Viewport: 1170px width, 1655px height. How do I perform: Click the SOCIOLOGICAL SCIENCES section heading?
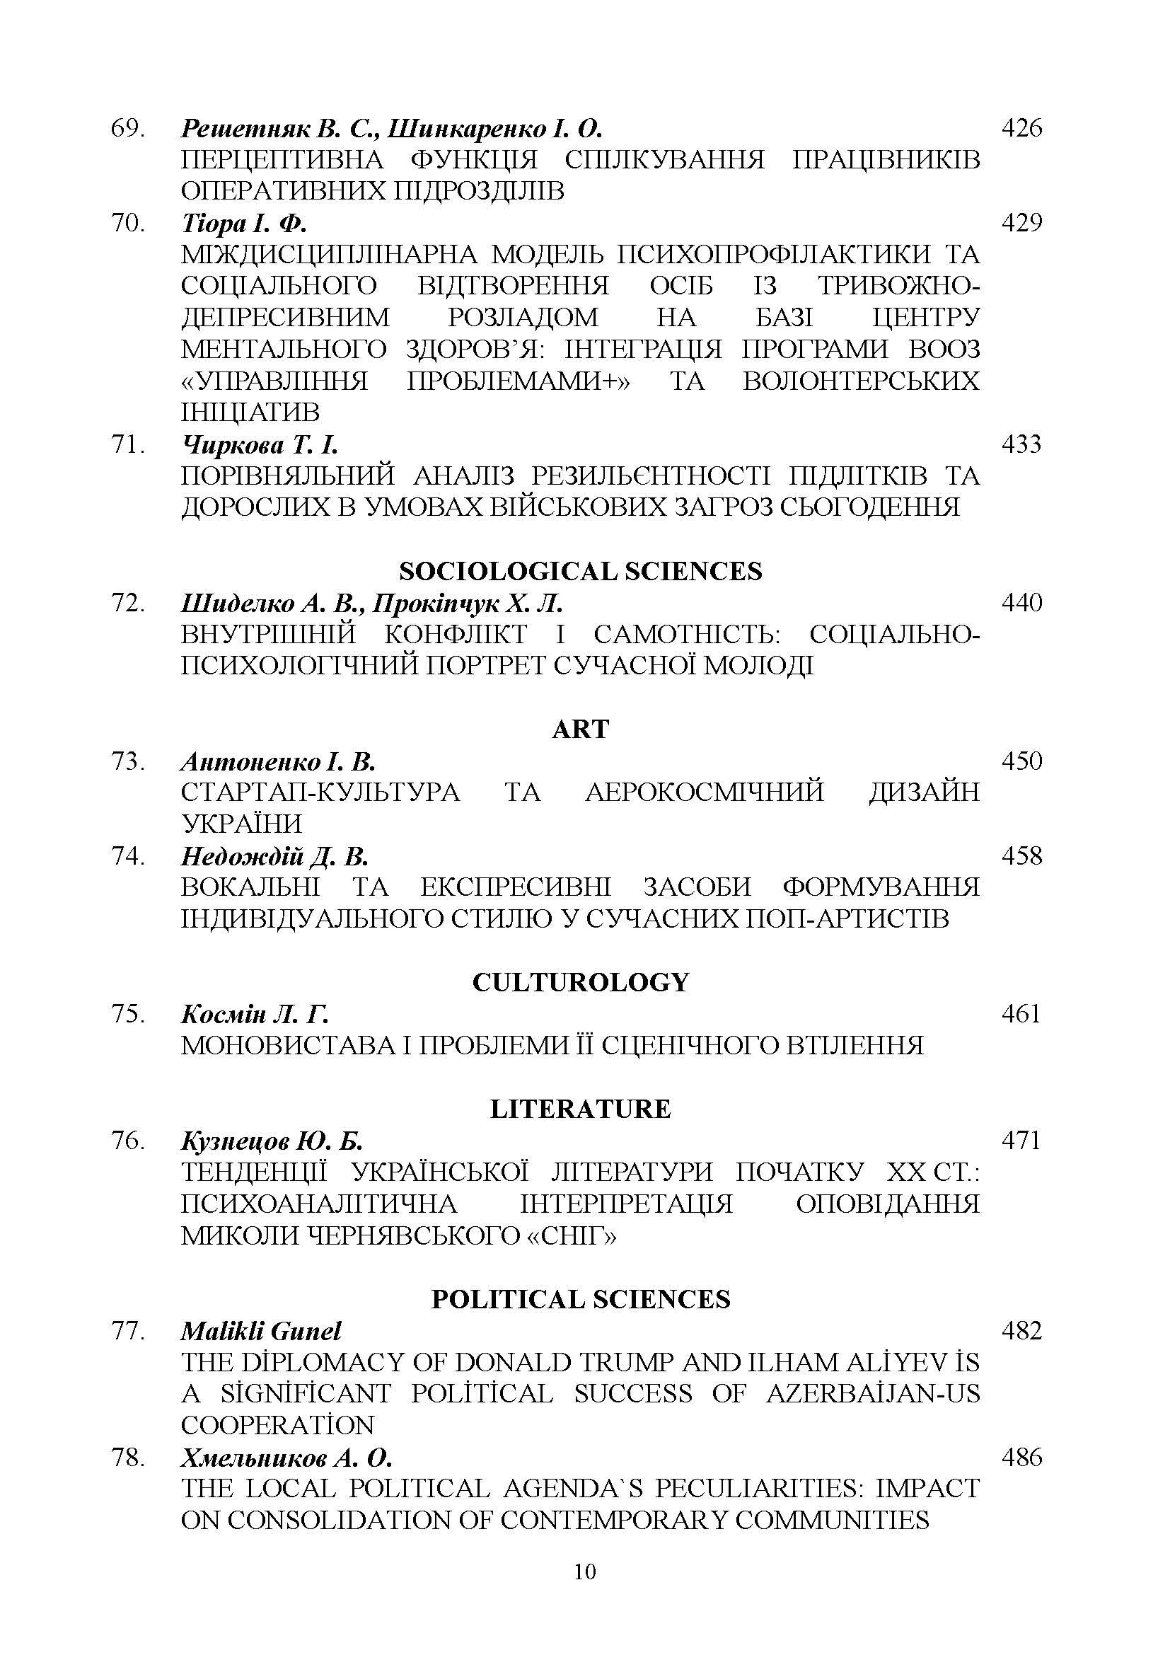pyautogui.click(x=580, y=572)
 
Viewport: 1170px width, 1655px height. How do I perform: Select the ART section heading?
pyautogui.click(x=580, y=730)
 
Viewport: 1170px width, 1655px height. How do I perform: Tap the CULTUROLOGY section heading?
pyautogui.click(x=581, y=983)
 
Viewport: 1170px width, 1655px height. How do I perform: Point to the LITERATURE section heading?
pyautogui.click(x=580, y=1109)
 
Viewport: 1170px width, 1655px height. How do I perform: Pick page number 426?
pyautogui.click(x=1021, y=128)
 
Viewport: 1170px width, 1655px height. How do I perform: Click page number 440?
pyautogui.click(x=1021, y=603)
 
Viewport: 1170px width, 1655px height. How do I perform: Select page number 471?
pyautogui.click(x=1021, y=1141)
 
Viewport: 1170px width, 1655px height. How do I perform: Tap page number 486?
pyautogui.click(x=1021, y=1458)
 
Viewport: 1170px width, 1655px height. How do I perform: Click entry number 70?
pyautogui.click(x=127, y=224)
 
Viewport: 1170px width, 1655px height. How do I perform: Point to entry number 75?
pyautogui.click(x=127, y=1014)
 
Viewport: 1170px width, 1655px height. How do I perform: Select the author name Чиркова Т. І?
pyautogui.click(x=260, y=445)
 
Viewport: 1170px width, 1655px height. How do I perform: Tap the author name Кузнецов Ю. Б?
pyautogui.click(x=272, y=1141)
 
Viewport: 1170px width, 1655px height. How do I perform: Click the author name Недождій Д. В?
pyautogui.click(x=274, y=856)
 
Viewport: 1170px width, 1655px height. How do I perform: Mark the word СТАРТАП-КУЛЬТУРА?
pyautogui.click(x=320, y=792)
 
